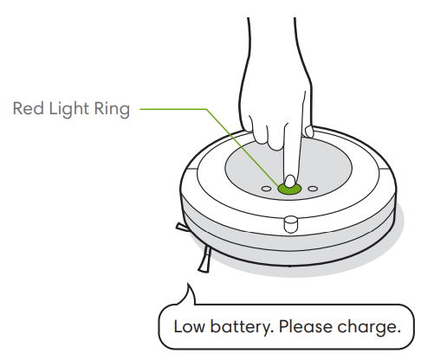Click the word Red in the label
(28, 108)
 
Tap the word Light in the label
(68, 110)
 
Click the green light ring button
(289, 189)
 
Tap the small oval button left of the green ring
(266, 189)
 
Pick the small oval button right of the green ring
(313, 189)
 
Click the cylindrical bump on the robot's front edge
(291, 224)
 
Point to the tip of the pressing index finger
(290, 182)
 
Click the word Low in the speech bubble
(190, 326)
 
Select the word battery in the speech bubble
(241, 328)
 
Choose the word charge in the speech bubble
(369, 328)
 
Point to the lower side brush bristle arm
(205, 259)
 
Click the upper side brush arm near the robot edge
(182, 228)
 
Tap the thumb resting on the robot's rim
(308, 131)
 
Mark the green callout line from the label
(207, 109)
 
